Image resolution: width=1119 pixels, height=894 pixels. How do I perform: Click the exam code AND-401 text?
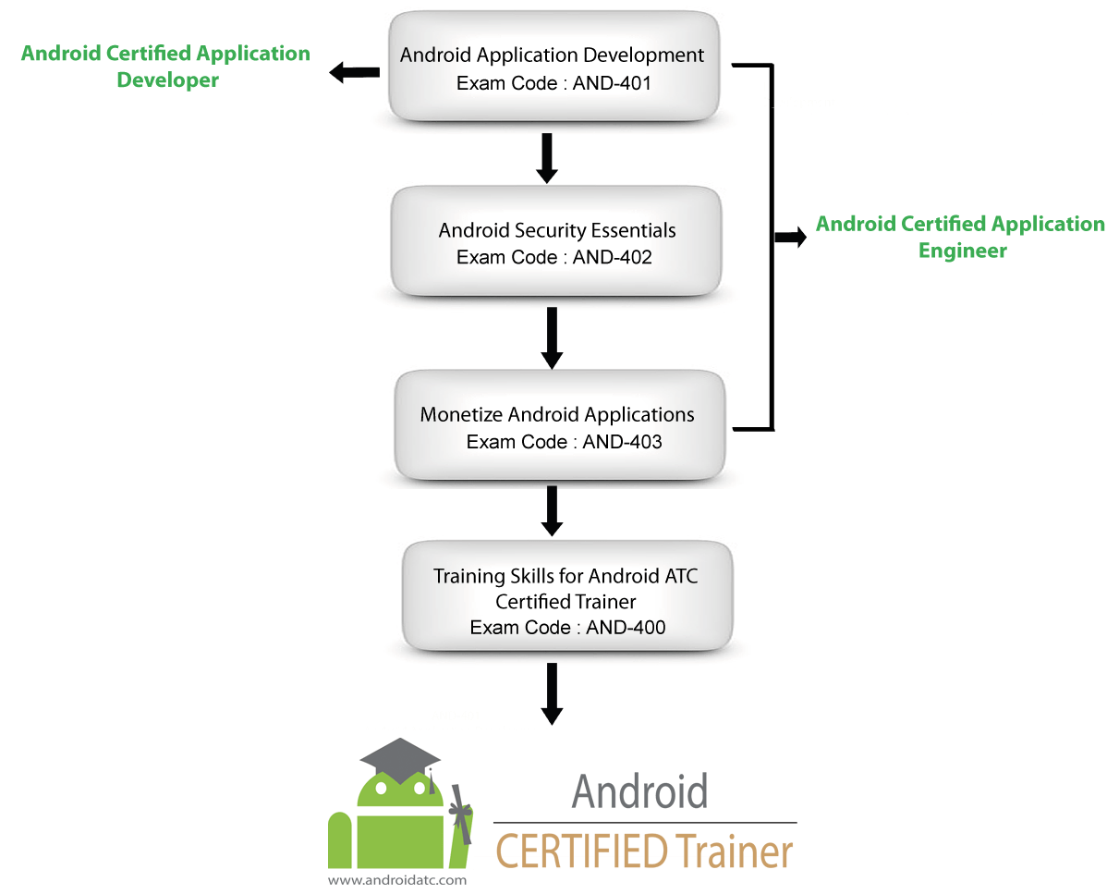[554, 83]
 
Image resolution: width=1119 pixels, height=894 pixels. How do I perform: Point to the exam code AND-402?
[554, 257]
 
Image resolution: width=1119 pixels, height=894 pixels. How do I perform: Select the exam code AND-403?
[564, 442]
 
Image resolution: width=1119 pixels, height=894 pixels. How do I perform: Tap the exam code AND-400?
[567, 628]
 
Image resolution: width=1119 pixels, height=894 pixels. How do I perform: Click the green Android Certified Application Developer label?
[165, 67]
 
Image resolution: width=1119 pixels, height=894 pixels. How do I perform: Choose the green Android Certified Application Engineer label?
[960, 237]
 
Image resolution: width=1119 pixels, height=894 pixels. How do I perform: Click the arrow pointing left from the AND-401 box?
[354, 72]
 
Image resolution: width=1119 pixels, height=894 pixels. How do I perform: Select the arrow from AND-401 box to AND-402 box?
[547, 158]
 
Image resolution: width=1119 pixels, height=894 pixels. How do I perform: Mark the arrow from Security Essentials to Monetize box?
[552, 337]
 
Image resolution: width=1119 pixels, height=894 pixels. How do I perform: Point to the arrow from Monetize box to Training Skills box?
[552, 510]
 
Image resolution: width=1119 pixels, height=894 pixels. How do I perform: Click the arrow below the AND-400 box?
[552, 693]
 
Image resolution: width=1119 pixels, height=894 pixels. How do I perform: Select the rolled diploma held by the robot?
[459, 814]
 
